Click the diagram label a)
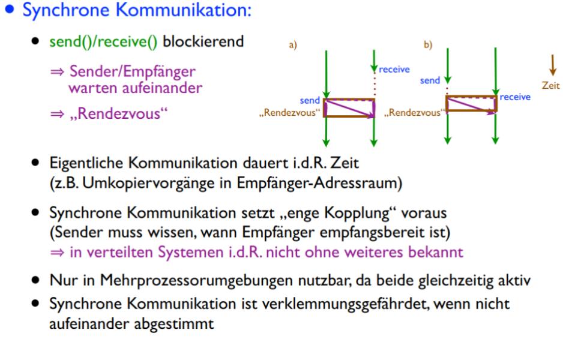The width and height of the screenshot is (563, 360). tap(292, 46)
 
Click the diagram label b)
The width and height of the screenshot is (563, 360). tap(427, 46)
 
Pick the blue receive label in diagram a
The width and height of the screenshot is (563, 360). tap(394, 69)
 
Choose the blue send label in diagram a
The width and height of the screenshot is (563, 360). tap(310, 101)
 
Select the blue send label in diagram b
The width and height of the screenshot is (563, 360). tap(430, 80)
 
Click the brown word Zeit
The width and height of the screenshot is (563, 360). tap(550, 86)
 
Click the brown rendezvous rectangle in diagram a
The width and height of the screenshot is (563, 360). tap(349, 108)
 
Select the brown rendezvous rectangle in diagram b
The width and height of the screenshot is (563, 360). tap(471, 103)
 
